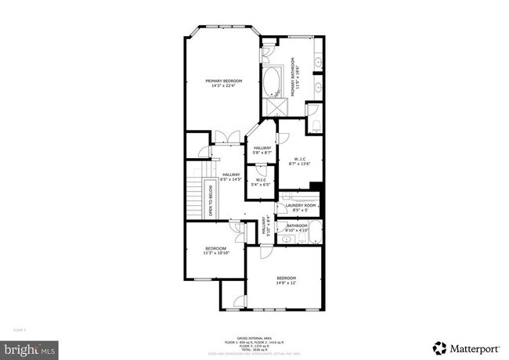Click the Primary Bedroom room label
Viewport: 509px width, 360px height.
224,83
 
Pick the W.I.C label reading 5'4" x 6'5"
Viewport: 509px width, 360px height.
262,182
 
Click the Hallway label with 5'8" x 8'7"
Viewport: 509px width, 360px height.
262,150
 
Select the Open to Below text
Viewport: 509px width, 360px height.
211,199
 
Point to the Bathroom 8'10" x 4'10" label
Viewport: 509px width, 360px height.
298,229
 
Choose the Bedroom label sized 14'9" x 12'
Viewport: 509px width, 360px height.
286,280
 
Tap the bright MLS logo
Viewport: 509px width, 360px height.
29,346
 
